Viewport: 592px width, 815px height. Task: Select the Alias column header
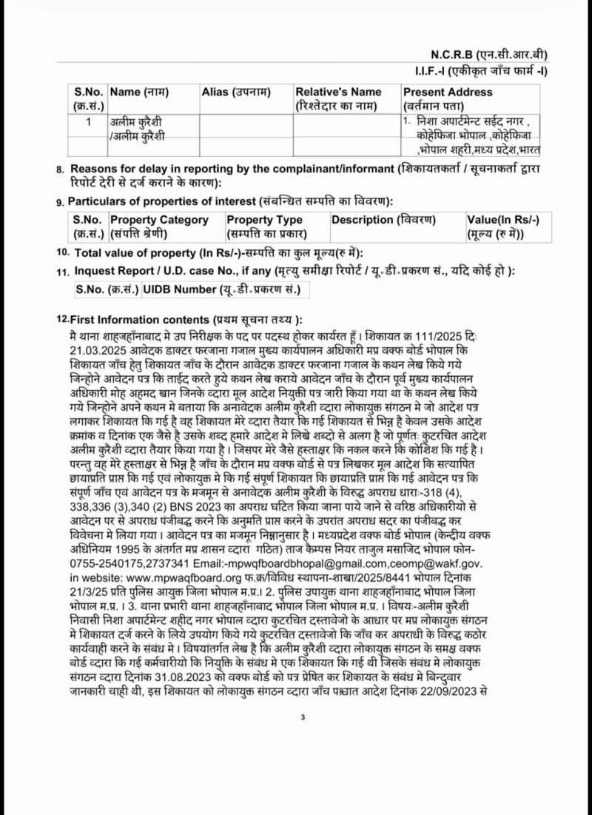[236, 92]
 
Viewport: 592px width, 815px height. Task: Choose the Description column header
[383, 220]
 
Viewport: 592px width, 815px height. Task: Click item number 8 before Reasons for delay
[60, 170]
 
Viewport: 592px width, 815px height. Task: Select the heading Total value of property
[149, 253]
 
